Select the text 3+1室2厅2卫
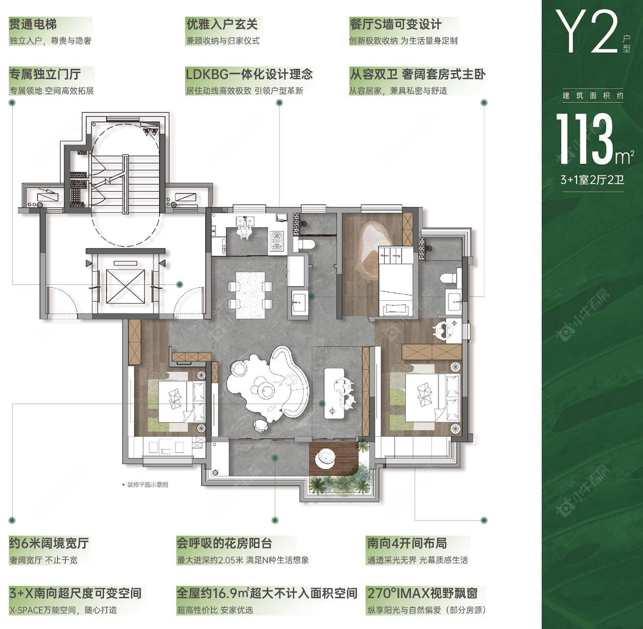592,180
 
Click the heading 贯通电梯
33,24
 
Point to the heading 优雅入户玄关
222,24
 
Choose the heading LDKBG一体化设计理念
249,74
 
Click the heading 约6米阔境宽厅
49,543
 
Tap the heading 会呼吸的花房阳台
224,543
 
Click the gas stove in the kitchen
276,240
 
